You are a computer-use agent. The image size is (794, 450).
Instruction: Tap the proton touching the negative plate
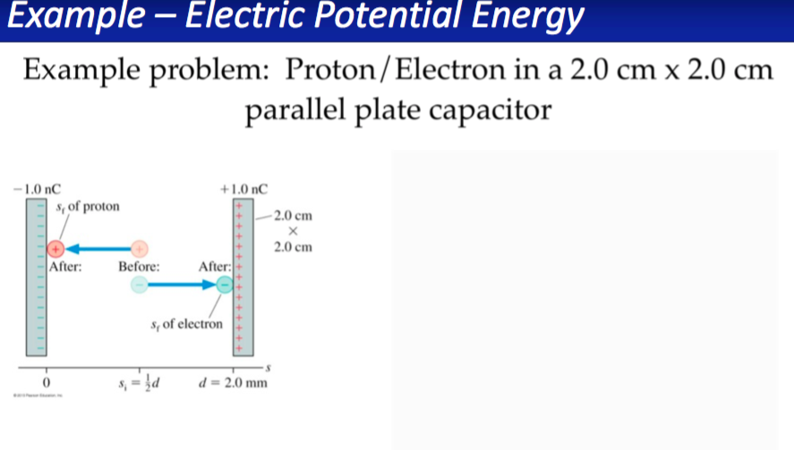[55, 248]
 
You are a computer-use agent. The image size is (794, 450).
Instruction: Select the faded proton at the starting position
[139, 248]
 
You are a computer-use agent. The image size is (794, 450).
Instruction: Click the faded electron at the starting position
[139, 284]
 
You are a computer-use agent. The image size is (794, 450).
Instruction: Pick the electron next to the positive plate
[225, 284]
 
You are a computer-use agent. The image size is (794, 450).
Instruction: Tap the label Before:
[140, 266]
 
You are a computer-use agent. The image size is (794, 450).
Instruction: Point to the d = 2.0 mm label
[233, 384]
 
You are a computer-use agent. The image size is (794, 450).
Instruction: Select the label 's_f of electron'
[186, 323]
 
